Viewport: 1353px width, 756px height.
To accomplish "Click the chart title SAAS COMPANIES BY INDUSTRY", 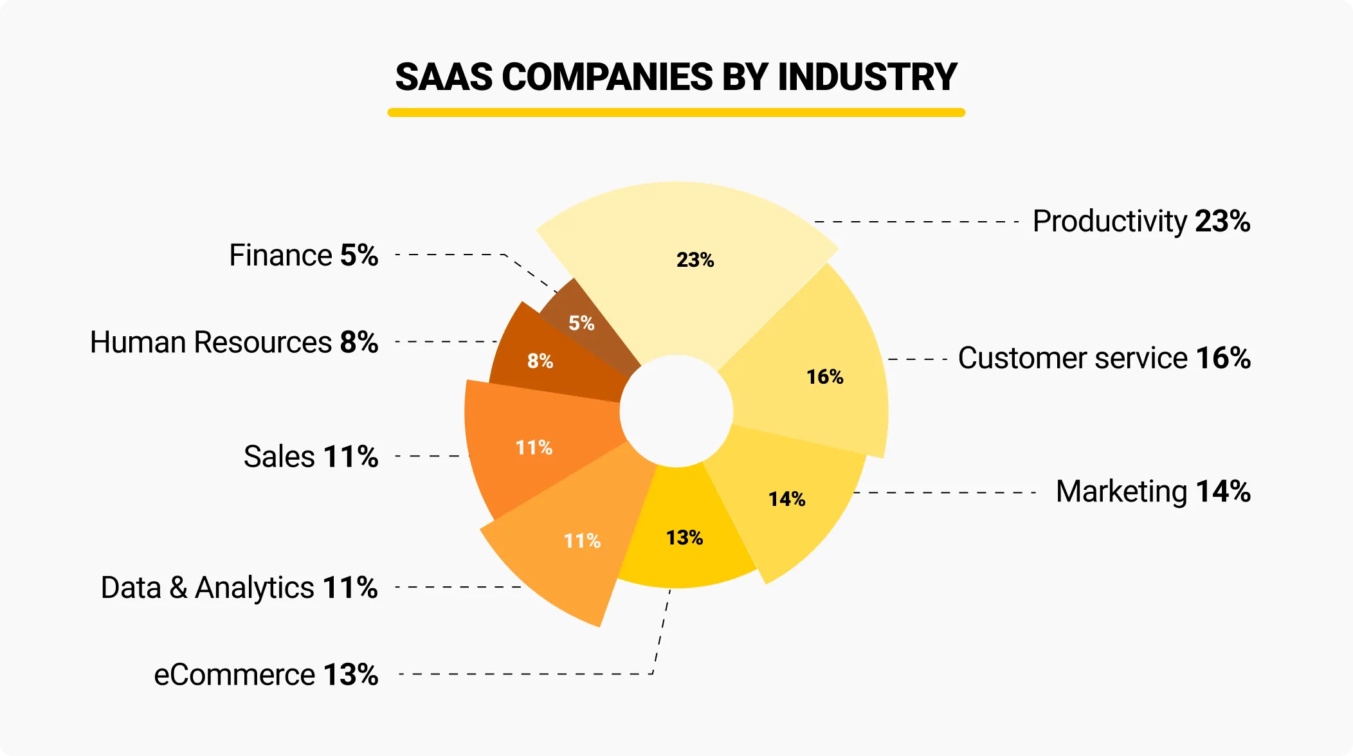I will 676,77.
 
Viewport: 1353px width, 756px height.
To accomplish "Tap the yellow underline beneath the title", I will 676,113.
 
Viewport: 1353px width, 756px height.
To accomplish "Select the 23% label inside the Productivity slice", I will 695,260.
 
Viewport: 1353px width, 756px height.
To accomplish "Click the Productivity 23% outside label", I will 1141,221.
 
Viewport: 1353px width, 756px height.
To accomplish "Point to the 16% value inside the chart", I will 824,377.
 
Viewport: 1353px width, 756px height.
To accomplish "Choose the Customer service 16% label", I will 1103,358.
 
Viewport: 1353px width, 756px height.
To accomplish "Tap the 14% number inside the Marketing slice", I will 786,499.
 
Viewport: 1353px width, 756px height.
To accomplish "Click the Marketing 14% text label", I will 1152,492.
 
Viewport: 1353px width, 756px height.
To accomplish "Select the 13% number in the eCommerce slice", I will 684,537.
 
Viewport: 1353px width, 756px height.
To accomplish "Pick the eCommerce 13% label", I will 266,675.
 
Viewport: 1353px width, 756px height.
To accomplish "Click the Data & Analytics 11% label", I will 239,588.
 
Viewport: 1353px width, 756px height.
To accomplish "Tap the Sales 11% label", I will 311,457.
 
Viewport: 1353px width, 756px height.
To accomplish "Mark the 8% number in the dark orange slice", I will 540,361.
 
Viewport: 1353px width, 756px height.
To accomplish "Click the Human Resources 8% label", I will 234,342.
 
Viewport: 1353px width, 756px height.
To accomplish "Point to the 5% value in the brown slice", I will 581,323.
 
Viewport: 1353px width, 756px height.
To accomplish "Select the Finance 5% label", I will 304,255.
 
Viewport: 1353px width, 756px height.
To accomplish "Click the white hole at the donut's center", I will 676,411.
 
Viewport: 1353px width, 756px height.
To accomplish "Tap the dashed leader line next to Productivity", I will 916,222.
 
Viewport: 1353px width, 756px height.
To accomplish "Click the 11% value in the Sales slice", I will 534,447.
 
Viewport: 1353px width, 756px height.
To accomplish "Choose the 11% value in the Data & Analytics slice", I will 582,541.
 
